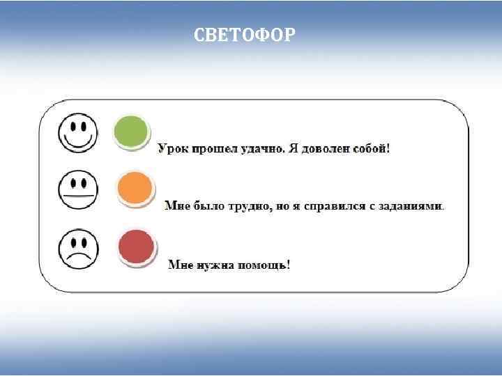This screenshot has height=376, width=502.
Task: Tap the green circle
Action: (131, 132)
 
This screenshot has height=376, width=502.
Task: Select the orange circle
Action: (135, 188)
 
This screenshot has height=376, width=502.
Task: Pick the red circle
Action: (137, 246)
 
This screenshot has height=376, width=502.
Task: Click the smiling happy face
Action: (78, 132)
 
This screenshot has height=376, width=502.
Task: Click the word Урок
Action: (174, 149)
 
